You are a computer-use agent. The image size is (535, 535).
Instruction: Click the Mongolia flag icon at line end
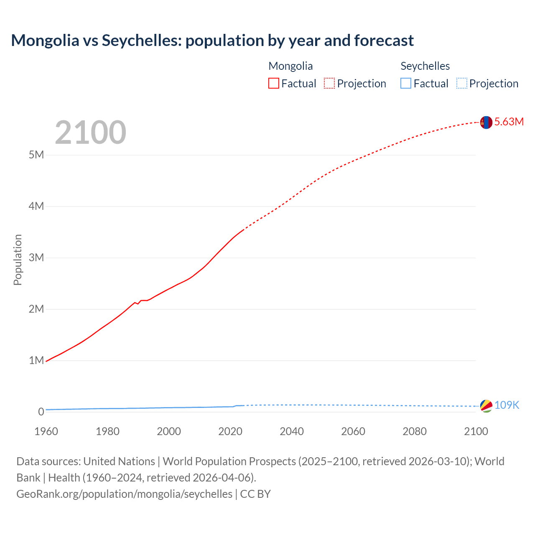486,122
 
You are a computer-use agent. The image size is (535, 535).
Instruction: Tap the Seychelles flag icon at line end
486,405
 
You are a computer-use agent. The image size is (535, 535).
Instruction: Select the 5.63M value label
509,122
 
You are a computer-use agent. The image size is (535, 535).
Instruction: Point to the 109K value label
507,405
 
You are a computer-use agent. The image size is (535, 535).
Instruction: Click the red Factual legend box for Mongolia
273,84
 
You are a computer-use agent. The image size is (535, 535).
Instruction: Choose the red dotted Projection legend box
329,84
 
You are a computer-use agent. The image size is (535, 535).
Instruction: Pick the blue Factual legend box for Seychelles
406,84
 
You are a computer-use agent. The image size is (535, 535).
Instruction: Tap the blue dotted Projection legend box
462,84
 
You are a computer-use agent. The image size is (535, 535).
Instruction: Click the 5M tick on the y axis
36,155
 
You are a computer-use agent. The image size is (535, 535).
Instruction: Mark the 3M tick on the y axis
36,257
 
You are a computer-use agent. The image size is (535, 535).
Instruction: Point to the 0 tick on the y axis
41,412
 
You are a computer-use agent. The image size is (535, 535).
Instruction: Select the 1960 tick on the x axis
46,431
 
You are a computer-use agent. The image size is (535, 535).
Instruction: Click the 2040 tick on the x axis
292,431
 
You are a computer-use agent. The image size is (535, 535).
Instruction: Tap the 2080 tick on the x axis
415,431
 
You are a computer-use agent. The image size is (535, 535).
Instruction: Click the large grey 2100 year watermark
90,132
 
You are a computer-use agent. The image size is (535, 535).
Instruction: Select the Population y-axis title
18,260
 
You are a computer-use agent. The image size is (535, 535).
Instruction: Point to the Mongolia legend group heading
290,66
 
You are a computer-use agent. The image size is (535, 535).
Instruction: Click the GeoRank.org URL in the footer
124,494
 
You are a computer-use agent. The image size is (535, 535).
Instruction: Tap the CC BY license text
255,494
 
